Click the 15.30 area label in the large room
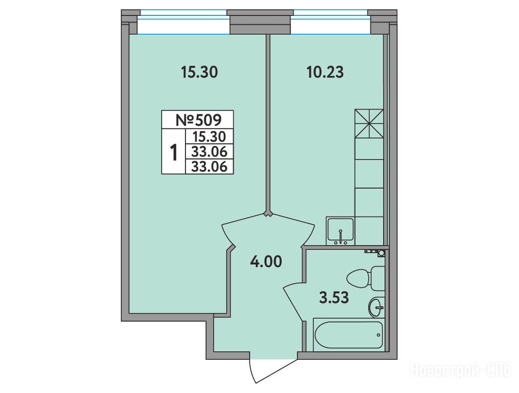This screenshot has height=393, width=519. (x=199, y=72)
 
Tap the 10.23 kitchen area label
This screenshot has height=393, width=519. (x=325, y=72)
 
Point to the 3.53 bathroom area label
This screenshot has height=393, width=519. (x=334, y=298)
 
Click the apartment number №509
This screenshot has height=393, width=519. (x=198, y=120)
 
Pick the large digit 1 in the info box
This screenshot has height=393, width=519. (x=174, y=152)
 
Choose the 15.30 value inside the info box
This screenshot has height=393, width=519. (x=210, y=137)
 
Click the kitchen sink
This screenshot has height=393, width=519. (x=340, y=231)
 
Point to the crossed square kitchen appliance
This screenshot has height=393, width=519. (x=369, y=124)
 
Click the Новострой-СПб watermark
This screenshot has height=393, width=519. (x=461, y=369)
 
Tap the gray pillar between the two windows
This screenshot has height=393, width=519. (x=260, y=22)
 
